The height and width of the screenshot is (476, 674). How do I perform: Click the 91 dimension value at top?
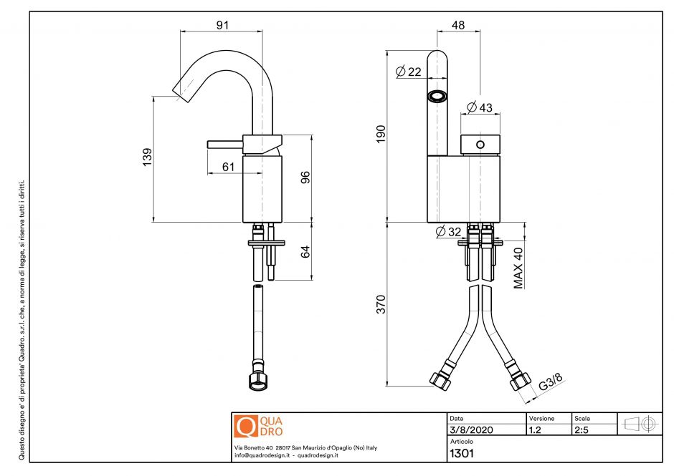(x=222, y=24)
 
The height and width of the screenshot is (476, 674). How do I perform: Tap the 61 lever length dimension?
(x=228, y=167)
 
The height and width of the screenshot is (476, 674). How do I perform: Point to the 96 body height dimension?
(x=305, y=177)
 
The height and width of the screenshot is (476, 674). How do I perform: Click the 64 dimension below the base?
(x=305, y=252)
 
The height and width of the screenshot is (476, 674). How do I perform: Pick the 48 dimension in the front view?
(x=458, y=25)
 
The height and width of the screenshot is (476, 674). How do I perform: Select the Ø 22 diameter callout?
(x=409, y=72)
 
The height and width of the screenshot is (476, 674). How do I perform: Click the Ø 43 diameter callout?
(x=480, y=107)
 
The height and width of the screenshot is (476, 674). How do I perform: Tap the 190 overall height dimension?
(x=381, y=135)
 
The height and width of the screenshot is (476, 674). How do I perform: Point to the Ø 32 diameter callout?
(x=449, y=231)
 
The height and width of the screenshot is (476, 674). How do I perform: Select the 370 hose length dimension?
(x=381, y=304)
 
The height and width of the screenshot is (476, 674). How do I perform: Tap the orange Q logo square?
(x=245, y=426)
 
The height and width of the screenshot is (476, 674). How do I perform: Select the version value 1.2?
(x=534, y=430)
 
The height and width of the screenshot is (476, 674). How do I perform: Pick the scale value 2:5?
(x=582, y=430)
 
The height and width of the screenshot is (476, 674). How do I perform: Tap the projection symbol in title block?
(x=640, y=424)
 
